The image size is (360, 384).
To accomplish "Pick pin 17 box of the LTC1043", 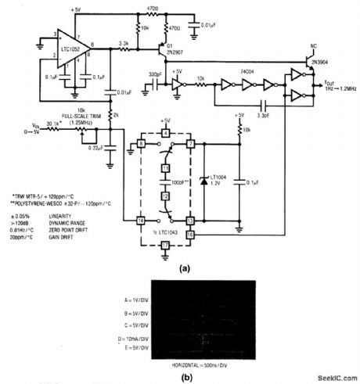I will coord(165,246).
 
